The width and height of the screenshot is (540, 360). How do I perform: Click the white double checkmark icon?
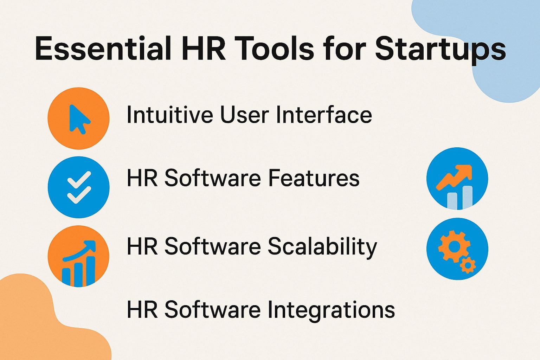79,187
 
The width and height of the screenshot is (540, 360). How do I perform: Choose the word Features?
314,178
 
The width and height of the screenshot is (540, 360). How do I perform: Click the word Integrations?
331,310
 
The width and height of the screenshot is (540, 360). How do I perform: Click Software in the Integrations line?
212,310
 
